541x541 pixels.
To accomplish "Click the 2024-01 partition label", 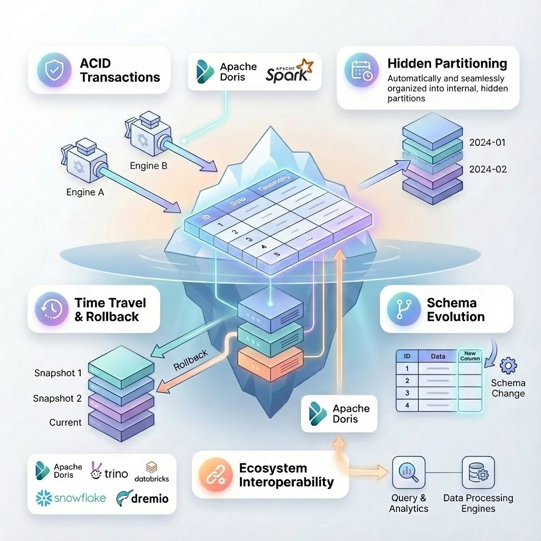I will click(488, 143).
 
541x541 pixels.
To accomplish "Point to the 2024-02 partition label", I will click(488, 169).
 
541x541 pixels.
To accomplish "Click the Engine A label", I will click(85, 192).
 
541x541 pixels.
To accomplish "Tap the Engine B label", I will click(148, 165).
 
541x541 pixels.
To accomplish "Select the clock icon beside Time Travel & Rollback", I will click(52, 309).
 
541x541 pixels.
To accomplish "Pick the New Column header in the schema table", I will click(470, 356).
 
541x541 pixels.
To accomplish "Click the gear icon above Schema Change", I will click(508, 366).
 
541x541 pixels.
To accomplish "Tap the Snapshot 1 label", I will click(58, 373).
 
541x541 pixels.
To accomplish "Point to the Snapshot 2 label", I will click(57, 398).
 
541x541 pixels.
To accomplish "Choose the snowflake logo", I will click(70, 498).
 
